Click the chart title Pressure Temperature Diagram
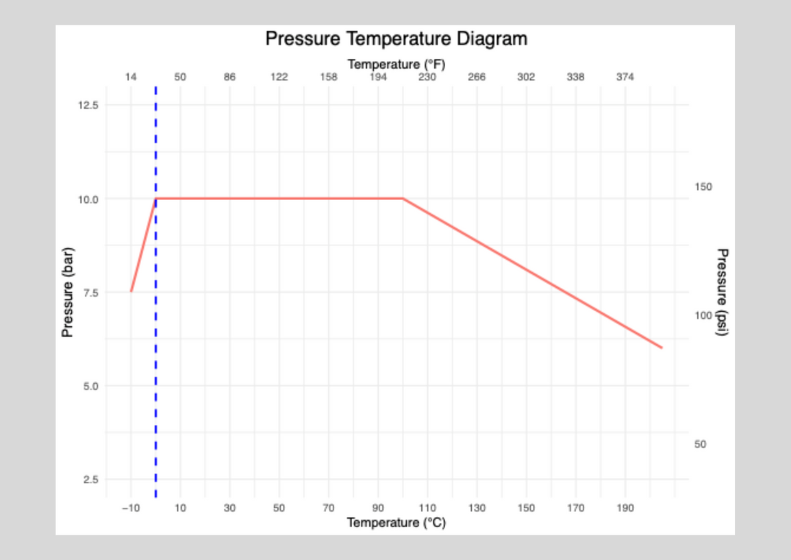click(396, 38)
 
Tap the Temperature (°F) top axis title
click(396, 64)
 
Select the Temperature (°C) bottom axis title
click(396, 523)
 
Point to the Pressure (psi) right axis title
click(722, 292)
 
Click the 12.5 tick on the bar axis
click(90, 106)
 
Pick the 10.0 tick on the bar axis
click(90, 199)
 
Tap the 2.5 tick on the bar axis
click(90, 479)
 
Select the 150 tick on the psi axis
click(703, 186)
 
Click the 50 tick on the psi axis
click(700, 444)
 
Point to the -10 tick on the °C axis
click(130, 508)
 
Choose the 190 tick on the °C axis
click(625, 508)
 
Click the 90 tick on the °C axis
click(378, 508)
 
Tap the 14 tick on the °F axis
click(131, 77)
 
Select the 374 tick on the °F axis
click(625, 77)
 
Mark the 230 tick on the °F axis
click(427, 77)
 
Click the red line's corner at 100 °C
click(403, 199)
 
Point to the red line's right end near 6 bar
click(662, 348)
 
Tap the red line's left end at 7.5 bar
click(131, 291)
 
